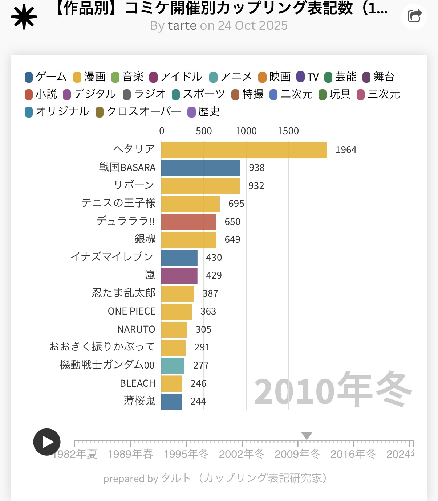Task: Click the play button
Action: click(x=47, y=442)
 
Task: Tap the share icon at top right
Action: click(x=414, y=16)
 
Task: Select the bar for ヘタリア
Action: click(x=244, y=150)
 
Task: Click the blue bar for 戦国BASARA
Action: click(x=200, y=168)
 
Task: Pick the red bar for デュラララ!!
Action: click(x=188, y=222)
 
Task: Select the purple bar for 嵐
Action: click(x=179, y=276)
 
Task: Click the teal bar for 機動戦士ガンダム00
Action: click(x=173, y=365)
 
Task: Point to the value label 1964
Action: click(x=346, y=150)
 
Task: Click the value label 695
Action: click(x=236, y=204)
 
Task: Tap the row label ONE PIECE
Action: click(x=131, y=311)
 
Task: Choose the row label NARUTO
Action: click(x=136, y=329)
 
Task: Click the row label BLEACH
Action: click(x=138, y=383)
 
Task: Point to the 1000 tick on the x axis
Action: click(x=246, y=131)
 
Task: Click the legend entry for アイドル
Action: click(x=176, y=77)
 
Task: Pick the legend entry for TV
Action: click(x=308, y=77)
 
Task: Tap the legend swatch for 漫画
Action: click(x=77, y=77)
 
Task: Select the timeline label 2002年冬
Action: click(x=242, y=454)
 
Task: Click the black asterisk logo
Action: click(x=24, y=17)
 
